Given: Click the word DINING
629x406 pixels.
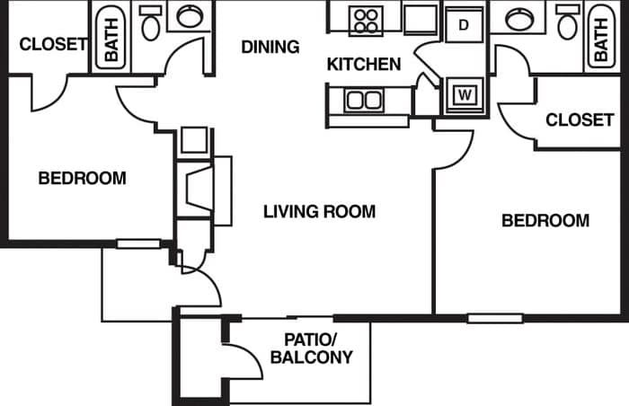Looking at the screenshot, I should (x=270, y=47).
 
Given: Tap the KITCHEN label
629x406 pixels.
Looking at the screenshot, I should (x=363, y=65).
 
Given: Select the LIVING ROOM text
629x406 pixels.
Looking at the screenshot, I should (x=319, y=212).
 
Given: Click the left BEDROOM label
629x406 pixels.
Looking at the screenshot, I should (x=82, y=178).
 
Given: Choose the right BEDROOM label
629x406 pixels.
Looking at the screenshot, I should (x=545, y=220).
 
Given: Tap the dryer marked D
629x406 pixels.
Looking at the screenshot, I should (x=464, y=24).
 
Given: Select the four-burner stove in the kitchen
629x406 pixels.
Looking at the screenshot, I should (x=366, y=20).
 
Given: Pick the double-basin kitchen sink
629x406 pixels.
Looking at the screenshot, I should (x=364, y=100).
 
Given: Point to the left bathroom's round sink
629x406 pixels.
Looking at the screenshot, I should (x=190, y=16).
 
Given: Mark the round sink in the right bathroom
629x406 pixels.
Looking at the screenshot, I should (x=519, y=16).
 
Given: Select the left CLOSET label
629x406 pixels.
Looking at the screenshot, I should (x=53, y=43).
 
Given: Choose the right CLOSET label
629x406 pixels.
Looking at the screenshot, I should (x=580, y=119).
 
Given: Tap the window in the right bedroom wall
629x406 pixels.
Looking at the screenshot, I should (x=494, y=317).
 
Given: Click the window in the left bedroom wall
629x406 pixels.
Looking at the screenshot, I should (x=138, y=243).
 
